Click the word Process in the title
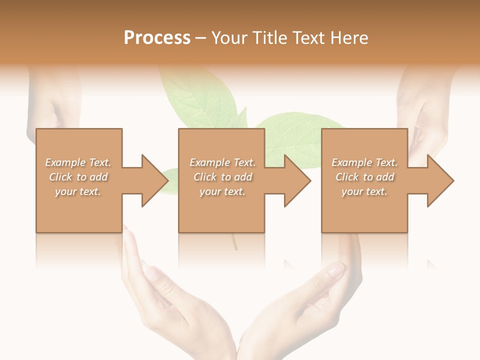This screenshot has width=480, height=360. pyautogui.click(x=157, y=37)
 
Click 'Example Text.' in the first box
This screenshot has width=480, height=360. pyautogui.click(x=78, y=162)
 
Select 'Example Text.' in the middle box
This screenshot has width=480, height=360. pyautogui.click(x=222, y=162)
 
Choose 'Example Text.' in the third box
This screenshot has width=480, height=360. pyautogui.click(x=364, y=162)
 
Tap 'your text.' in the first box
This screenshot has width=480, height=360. pyautogui.click(x=78, y=191)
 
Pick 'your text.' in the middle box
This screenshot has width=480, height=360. pyautogui.click(x=222, y=191)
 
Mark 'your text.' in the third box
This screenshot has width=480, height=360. pyautogui.click(x=364, y=191)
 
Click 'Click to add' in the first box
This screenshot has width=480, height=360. pyautogui.click(x=78, y=177)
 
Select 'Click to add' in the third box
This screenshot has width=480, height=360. pyautogui.click(x=364, y=177)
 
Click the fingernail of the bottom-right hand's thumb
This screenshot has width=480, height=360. pyautogui.click(x=335, y=270)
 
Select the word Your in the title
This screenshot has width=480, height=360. pyautogui.click(x=229, y=37)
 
